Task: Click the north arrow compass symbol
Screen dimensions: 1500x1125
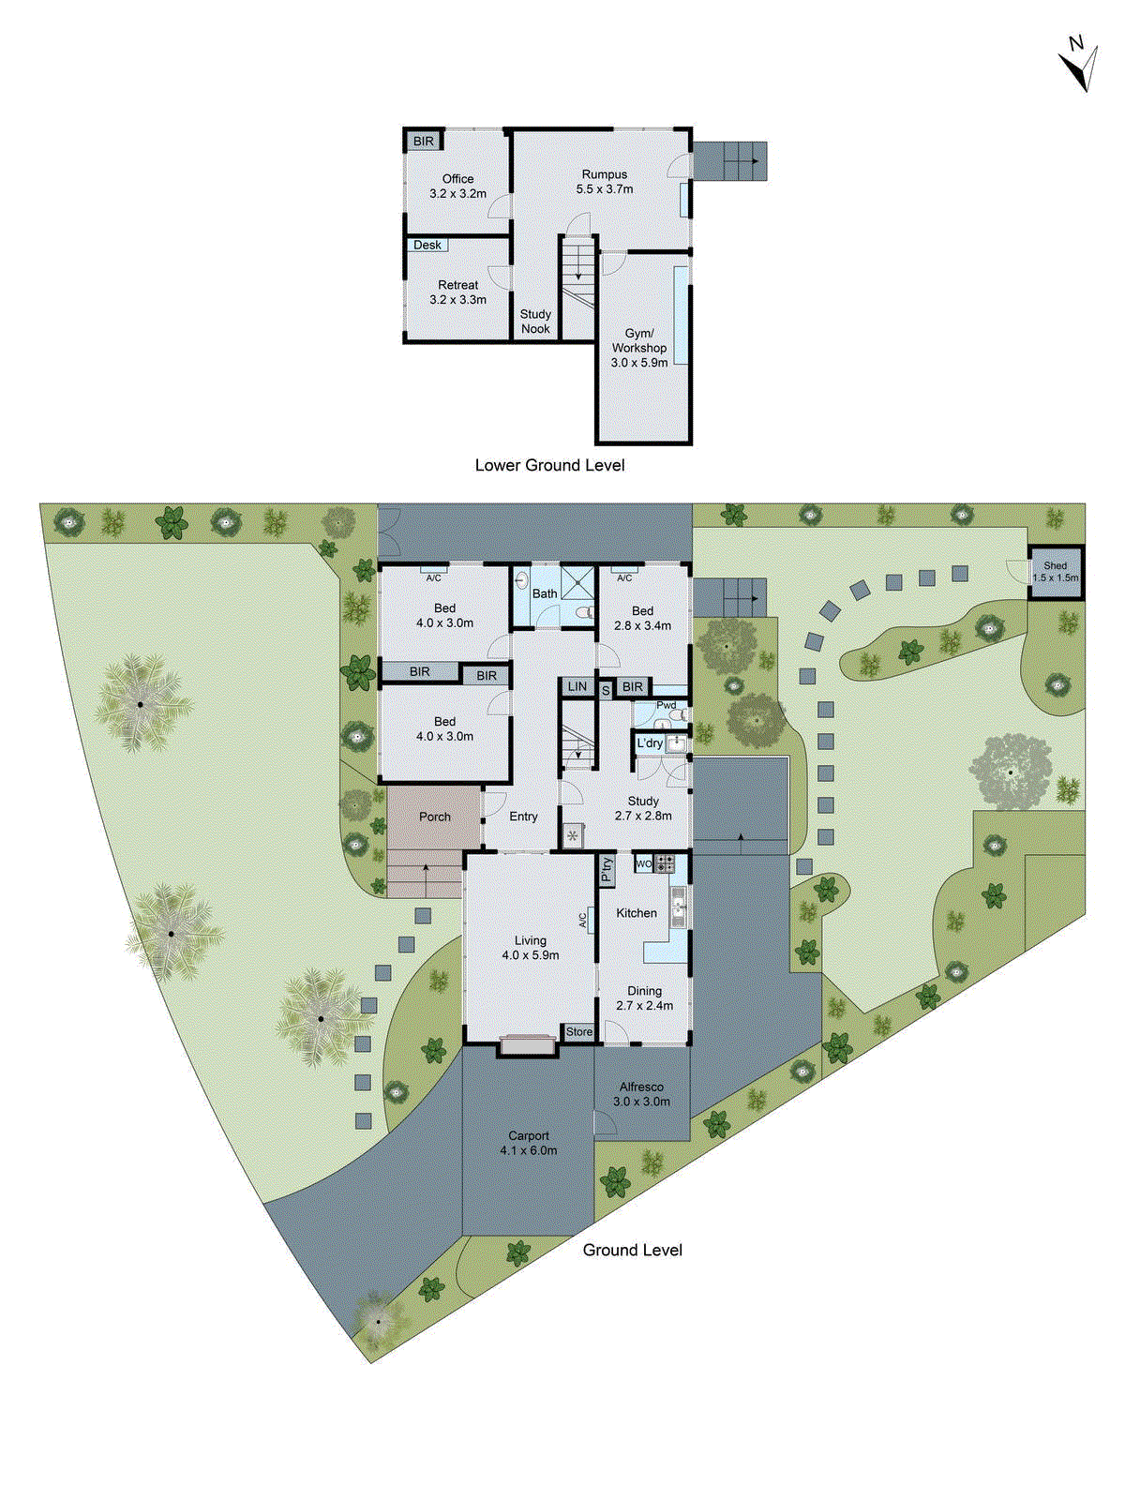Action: [1080, 63]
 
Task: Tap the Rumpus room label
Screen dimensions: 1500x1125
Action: [604, 174]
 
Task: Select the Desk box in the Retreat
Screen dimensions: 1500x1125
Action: [427, 246]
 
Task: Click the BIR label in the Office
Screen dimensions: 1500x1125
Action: [424, 142]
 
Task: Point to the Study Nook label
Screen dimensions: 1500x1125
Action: [535, 322]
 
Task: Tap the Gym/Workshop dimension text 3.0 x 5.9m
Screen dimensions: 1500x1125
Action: [639, 363]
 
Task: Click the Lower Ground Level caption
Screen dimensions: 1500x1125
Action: [549, 465]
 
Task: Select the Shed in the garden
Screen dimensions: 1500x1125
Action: [1055, 572]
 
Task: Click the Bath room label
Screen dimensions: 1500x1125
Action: [545, 593]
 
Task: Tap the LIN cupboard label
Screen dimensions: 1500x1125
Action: [577, 687]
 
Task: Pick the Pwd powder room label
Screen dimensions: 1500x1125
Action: [666, 705]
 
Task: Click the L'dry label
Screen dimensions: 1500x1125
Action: [650, 743]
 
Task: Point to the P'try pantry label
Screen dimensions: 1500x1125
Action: [607, 870]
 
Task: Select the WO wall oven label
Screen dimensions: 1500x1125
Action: [644, 863]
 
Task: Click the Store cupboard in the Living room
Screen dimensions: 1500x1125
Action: [578, 1032]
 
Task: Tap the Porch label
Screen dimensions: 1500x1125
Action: [434, 817]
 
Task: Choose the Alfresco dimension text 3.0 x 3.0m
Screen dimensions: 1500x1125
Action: [641, 1102]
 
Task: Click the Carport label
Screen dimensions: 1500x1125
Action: [529, 1135]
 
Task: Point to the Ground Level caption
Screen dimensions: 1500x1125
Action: [632, 1250]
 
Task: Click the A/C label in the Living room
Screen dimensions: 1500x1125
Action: [582, 921]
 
